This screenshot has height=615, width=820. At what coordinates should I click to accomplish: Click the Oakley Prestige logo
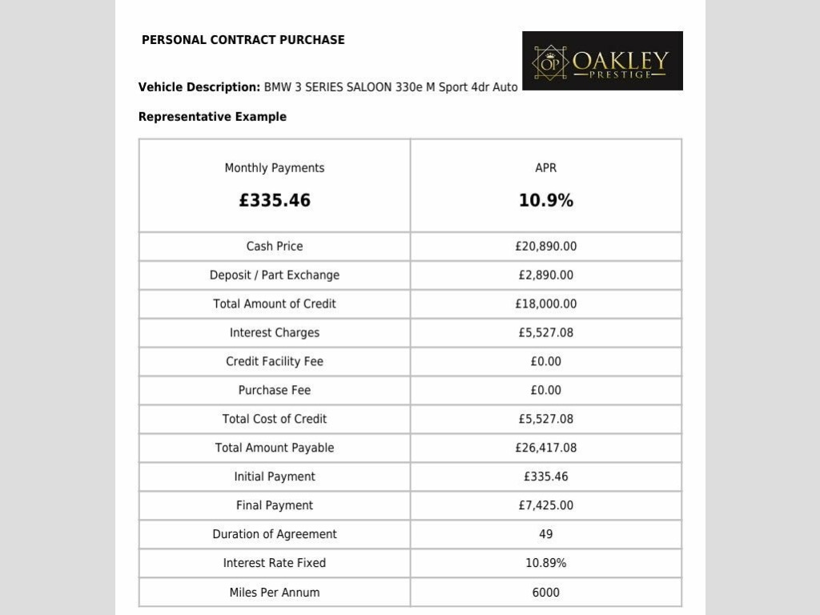(x=602, y=61)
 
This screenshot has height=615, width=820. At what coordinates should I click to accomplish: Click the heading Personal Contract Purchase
(x=243, y=40)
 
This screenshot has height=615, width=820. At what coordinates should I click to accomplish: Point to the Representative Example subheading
(x=212, y=117)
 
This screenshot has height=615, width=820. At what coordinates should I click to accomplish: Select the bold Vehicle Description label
(x=199, y=87)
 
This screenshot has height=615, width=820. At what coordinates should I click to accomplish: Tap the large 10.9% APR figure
(x=546, y=201)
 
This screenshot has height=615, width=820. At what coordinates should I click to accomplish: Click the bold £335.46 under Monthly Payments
(x=275, y=201)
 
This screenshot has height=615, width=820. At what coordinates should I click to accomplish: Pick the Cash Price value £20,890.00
(x=546, y=247)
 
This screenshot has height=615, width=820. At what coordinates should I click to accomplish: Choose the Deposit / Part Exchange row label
(x=275, y=275)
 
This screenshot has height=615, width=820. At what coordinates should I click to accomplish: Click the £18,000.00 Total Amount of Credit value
(x=546, y=304)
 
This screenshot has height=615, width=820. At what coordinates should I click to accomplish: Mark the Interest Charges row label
(x=275, y=333)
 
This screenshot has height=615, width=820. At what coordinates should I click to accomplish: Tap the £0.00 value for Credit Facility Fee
(x=546, y=362)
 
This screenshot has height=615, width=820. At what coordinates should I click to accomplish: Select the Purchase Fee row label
(x=275, y=391)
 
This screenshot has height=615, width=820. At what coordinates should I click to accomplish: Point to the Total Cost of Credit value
(x=546, y=420)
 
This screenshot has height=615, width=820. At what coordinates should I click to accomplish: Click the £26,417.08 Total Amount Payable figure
(x=546, y=448)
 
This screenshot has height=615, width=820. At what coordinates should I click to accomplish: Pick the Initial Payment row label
(x=275, y=477)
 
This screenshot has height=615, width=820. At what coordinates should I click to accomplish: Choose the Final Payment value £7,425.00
(x=546, y=506)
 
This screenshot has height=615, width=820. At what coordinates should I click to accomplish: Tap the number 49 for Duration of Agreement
(x=546, y=535)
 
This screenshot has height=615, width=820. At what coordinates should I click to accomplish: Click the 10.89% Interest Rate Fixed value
(x=546, y=564)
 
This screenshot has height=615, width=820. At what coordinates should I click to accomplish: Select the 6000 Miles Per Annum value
(x=546, y=593)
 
